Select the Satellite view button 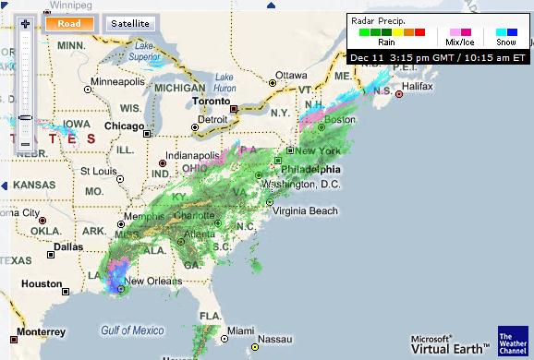pyautogui.click(x=131, y=23)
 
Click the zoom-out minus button pyautogui.click(x=25, y=145)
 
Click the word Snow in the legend pyautogui.click(x=505, y=42)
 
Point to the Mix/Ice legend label pyautogui.click(x=460, y=42)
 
